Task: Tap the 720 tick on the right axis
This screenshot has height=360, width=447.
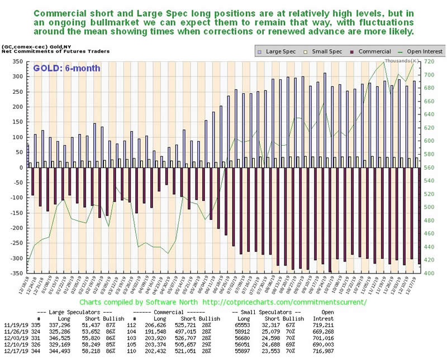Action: [431, 61]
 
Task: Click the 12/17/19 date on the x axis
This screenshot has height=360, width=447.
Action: [416, 288]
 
